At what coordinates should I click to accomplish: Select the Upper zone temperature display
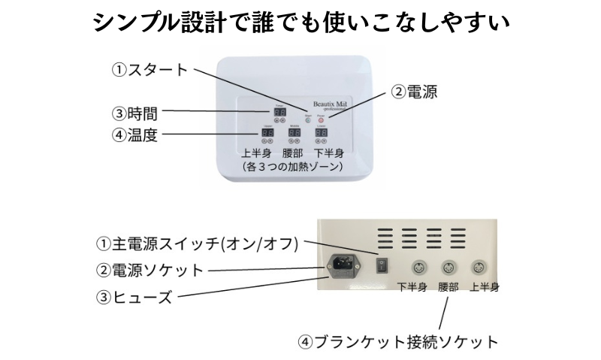click(x=268, y=132)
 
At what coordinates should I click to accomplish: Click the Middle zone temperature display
click(x=294, y=132)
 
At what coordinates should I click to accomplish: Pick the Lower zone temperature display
click(x=321, y=132)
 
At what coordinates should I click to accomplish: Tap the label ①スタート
click(x=149, y=71)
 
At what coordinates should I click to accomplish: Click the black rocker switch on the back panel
click(x=382, y=265)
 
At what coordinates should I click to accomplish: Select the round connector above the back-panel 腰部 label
click(x=448, y=267)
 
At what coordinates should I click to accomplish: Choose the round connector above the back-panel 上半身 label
click(x=478, y=267)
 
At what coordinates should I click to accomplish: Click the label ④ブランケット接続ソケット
click(x=398, y=342)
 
